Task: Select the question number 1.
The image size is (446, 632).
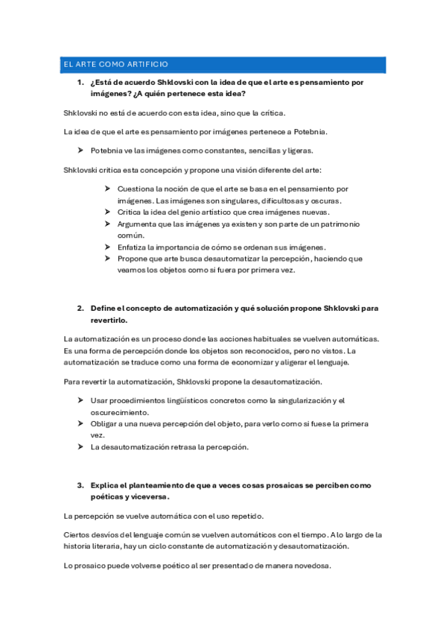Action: [x=80, y=82]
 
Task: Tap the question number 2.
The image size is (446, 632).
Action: [x=80, y=308]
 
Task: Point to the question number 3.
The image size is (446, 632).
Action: [x=80, y=485]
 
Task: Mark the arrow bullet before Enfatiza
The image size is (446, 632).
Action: [x=109, y=247]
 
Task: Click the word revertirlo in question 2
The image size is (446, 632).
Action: [x=109, y=320]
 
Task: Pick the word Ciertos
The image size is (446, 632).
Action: [x=78, y=535]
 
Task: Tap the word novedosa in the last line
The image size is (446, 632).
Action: [x=311, y=566]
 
